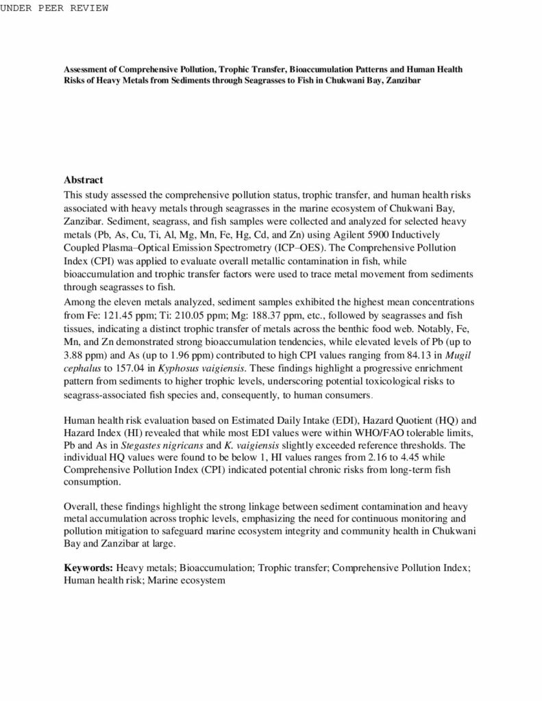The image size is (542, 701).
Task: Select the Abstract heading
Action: (83, 179)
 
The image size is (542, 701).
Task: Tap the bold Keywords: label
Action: (88, 568)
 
